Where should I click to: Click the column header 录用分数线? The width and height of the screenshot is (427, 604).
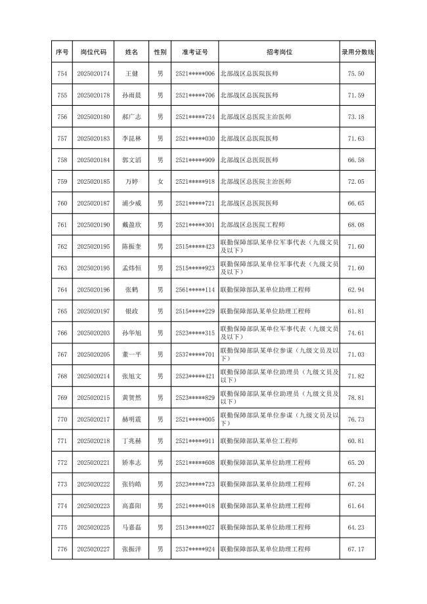357,51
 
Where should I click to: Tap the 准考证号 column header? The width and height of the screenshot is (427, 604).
195,51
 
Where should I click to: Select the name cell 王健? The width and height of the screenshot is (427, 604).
131,74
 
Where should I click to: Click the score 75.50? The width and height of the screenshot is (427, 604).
356,74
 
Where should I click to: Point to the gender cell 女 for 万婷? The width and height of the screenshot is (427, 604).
160,181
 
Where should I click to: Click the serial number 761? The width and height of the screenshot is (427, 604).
62,225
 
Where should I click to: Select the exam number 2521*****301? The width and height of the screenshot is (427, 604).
195,225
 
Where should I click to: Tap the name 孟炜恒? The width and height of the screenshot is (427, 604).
131,268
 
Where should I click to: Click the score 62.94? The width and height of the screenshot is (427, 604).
356,290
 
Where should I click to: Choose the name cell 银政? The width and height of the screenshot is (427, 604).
131,311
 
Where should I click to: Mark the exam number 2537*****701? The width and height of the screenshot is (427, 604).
195,355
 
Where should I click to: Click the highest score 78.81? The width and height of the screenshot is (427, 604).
356,398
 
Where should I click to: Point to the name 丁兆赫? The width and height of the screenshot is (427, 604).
131,441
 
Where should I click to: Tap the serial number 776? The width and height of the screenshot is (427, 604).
62,549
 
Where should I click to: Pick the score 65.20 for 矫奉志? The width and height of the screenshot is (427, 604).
356,463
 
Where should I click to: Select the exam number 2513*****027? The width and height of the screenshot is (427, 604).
195,527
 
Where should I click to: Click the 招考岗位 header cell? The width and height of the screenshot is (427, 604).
279,51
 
